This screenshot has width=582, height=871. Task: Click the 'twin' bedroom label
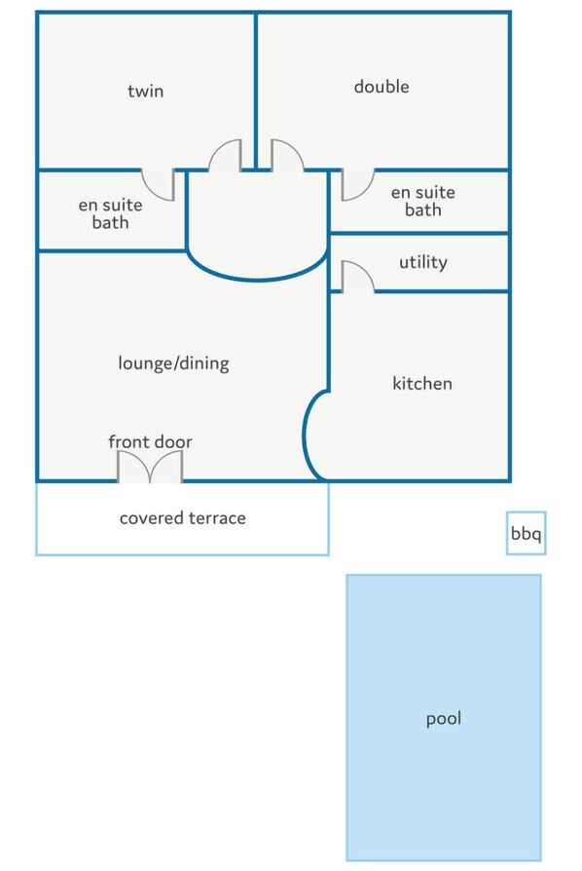pyautogui.click(x=145, y=91)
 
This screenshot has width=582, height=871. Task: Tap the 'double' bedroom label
pyautogui.click(x=382, y=86)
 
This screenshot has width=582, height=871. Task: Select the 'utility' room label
pyautogui.click(x=423, y=262)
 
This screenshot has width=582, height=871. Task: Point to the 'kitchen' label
pyautogui.click(x=422, y=383)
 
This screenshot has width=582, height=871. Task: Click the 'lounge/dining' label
pyautogui.click(x=173, y=363)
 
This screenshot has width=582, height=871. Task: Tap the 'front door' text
pyautogui.click(x=150, y=441)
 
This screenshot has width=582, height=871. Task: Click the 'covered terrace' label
pyautogui.click(x=183, y=517)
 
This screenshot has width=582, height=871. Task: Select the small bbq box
pyautogui.click(x=526, y=533)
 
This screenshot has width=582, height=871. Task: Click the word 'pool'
pyautogui.click(x=444, y=719)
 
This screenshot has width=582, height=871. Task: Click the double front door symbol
pyautogui.click(x=150, y=466)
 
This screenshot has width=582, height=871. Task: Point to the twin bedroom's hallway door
pyautogui.click(x=225, y=155)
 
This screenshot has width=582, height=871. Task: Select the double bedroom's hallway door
pyautogui.click(x=287, y=155)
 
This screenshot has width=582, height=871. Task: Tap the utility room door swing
pyautogui.click(x=357, y=276)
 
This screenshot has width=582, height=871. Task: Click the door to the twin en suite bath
pyautogui.click(x=158, y=184)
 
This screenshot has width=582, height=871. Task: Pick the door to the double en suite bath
pyautogui.click(x=358, y=184)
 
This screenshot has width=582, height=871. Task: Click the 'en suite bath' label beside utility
pyautogui.click(x=422, y=201)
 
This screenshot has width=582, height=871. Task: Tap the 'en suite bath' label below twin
pyautogui.click(x=110, y=214)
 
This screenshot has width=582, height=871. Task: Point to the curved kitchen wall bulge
pyautogui.click(x=307, y=436)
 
